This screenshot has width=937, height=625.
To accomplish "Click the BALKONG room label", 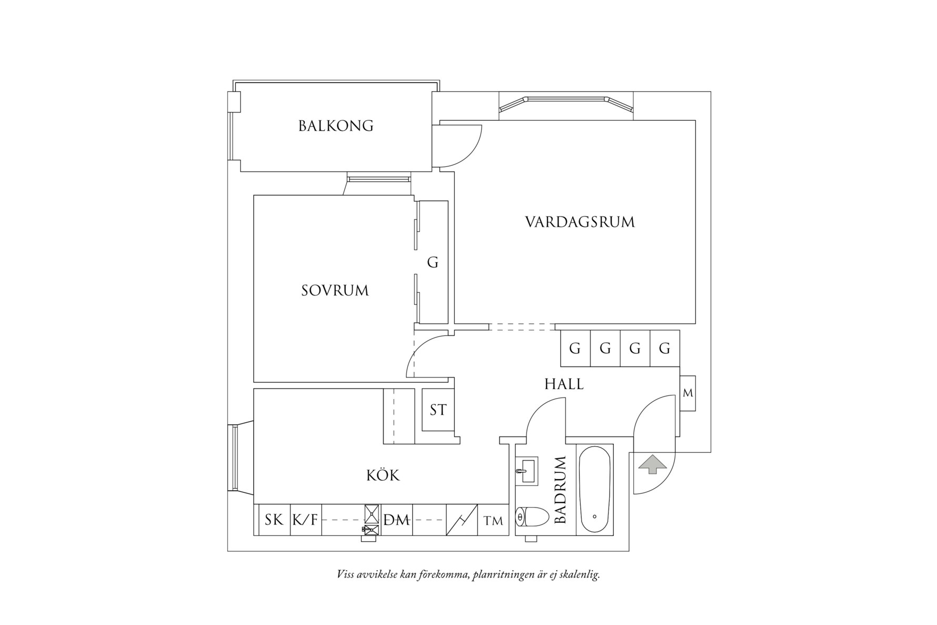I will (336, 126).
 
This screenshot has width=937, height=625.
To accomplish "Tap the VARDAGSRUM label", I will (580, 222).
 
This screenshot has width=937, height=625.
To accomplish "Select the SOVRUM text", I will (335, 291).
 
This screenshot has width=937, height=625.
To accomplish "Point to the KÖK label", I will (383, 476).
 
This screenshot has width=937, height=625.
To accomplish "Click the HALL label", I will (564, 384).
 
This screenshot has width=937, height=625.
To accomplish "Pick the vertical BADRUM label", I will (560, 490).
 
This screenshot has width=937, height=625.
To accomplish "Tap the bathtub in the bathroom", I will (595, 490).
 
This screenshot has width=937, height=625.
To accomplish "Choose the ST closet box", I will (438, 410).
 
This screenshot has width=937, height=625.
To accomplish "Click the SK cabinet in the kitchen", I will (273, 520).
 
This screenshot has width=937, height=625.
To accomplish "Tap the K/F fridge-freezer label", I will (305, 520).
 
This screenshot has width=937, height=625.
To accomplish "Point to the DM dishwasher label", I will (397, 520).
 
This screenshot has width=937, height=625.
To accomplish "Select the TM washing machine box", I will (493, 521).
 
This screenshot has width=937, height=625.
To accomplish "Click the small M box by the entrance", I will (687, 393).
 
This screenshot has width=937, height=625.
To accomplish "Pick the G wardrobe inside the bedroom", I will (433, 262).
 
